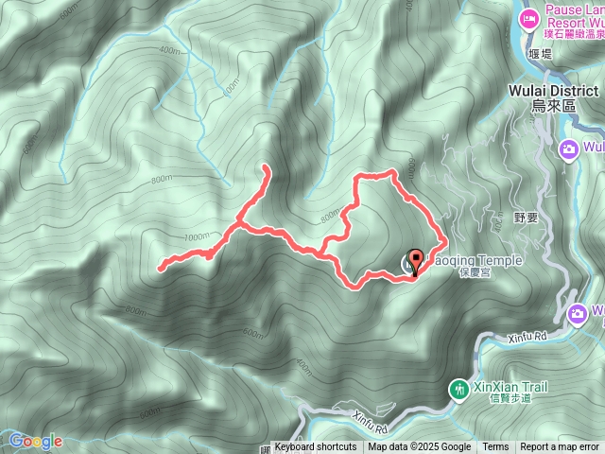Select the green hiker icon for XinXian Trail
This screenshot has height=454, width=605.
coord(458,389)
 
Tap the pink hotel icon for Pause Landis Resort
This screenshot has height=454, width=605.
coord(528,17)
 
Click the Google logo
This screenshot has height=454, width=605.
coord(35,441)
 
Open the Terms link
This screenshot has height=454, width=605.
coord(495,447)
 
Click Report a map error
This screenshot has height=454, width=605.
coord(560,447)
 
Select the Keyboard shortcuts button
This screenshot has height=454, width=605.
coord(315,447)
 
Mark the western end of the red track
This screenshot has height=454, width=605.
coord(160,269)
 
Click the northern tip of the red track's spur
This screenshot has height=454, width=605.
coord(266,167)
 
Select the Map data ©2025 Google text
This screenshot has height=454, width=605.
coord(419,447)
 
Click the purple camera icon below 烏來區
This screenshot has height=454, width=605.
coord(568,148)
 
